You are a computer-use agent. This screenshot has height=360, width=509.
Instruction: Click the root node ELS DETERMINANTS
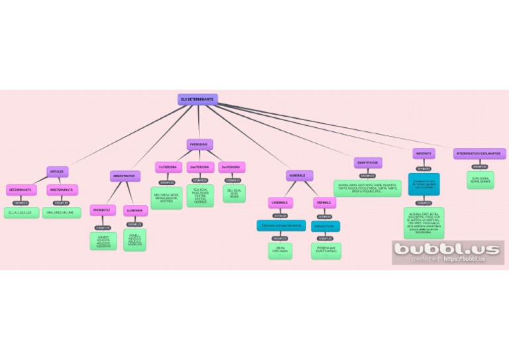(198, 99)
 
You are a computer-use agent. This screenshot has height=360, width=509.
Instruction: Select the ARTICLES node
(58, 172)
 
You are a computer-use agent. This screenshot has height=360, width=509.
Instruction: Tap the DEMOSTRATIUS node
(125, 176)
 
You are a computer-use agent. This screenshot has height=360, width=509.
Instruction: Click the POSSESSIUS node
(199, 145)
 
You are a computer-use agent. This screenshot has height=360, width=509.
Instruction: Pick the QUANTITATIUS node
(368, 162)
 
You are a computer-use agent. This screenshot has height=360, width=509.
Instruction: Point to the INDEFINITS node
(424, 154)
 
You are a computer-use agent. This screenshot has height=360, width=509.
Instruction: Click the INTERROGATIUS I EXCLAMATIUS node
(481, 154)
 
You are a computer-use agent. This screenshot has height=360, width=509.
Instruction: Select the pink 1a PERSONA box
(168, 168)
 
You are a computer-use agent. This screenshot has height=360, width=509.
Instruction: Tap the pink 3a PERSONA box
(233, 168)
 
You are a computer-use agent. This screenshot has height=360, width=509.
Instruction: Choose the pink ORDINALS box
(325, 202)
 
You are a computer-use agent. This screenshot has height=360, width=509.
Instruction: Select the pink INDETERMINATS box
(62, 190)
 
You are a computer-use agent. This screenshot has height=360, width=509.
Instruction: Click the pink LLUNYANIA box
(135, 210)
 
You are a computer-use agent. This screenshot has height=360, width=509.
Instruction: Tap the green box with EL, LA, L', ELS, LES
(21, 212)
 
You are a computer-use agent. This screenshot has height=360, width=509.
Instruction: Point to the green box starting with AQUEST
(103, 241)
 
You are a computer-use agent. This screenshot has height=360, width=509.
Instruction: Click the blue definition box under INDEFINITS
(424, 184)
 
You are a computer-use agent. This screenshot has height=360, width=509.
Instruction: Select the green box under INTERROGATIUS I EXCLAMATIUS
(481, 180)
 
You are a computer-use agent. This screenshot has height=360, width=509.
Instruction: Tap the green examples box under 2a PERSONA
(200, 196)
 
